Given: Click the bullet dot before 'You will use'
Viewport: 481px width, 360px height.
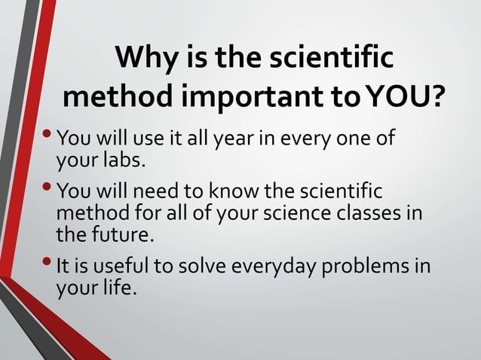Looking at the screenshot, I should point(50,137).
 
